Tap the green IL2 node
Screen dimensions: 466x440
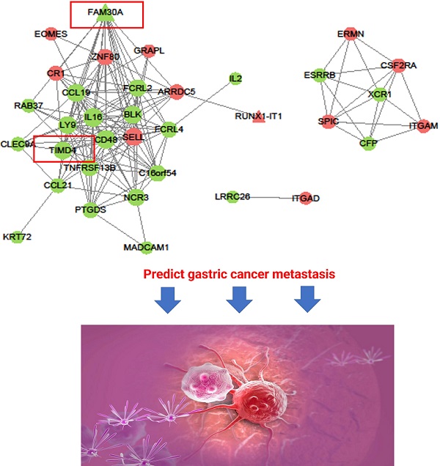235,78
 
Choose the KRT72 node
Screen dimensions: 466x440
17,236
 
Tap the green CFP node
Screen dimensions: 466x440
368,143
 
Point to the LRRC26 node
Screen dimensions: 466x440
232,197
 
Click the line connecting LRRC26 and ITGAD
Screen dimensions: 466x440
270,197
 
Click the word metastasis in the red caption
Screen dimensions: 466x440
293,275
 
